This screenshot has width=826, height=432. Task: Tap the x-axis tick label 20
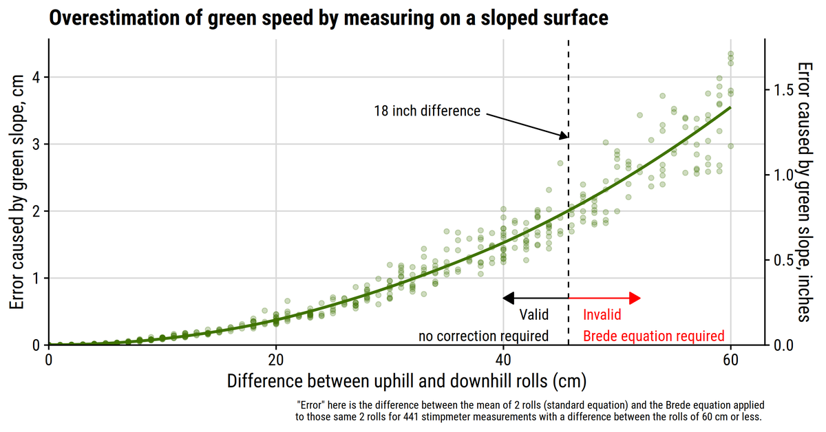click(275, 360)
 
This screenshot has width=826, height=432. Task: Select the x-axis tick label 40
click(503, 360)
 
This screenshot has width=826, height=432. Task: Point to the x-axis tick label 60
click(730, 360)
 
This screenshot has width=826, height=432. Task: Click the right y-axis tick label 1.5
click(783, 90)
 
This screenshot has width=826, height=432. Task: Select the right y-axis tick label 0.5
click(783, 260)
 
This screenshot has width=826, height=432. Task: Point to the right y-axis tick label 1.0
click(783, 175)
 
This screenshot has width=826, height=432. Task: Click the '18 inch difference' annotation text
click(427, 111)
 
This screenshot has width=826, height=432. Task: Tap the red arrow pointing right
click(605, 298)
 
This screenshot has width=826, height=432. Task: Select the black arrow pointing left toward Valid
click(535, 298)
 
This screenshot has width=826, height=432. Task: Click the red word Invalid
click(602, 315)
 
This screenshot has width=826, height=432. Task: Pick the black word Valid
click(533, 315)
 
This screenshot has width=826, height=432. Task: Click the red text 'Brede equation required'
click(654, 336)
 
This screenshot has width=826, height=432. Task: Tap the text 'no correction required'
click(484, 336)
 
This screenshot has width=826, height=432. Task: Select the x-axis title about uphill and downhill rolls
click(406, 380)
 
